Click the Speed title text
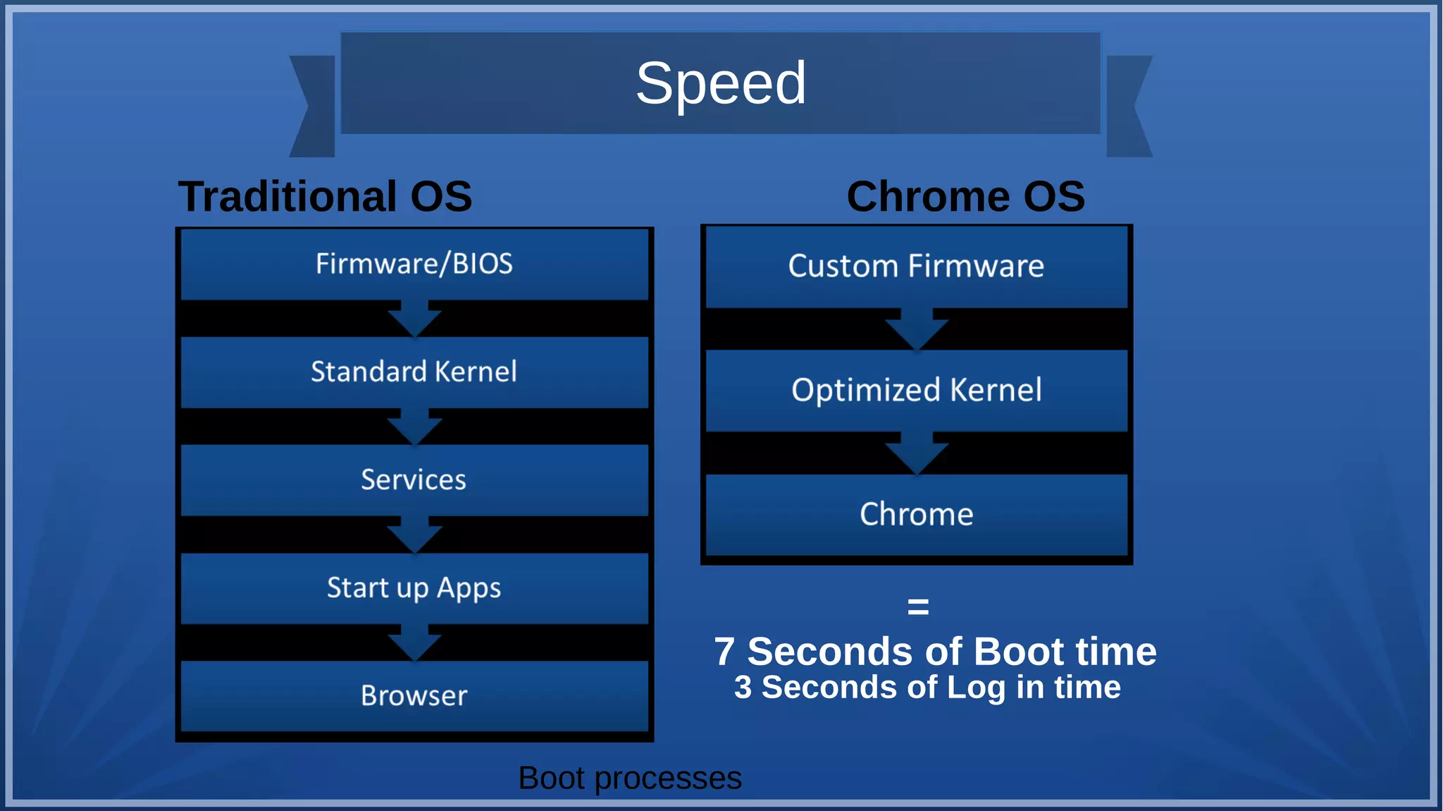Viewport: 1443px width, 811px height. tap(721, 83)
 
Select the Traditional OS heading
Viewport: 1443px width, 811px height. tap(325, 196)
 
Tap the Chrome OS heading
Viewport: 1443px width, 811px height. tap(965, 196)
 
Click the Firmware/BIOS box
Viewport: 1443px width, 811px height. tap(414, 264)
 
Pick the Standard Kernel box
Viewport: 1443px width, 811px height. tap(414, 372)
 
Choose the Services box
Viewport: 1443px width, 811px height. tap(414, 480)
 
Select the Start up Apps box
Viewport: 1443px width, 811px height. tap(414, 587)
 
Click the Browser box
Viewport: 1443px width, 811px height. tap(414, 695)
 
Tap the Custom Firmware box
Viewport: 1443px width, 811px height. tap(916, 266)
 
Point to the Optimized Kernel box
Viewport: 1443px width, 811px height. tap(916, 390)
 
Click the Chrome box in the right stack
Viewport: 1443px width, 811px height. tap(916, 514)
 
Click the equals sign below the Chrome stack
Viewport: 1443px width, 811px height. tap(918, 606)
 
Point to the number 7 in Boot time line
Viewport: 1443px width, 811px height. tap(724, 652)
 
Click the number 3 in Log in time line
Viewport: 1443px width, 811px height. tap(743, 688)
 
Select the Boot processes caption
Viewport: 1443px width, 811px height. tap(630, 778)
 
